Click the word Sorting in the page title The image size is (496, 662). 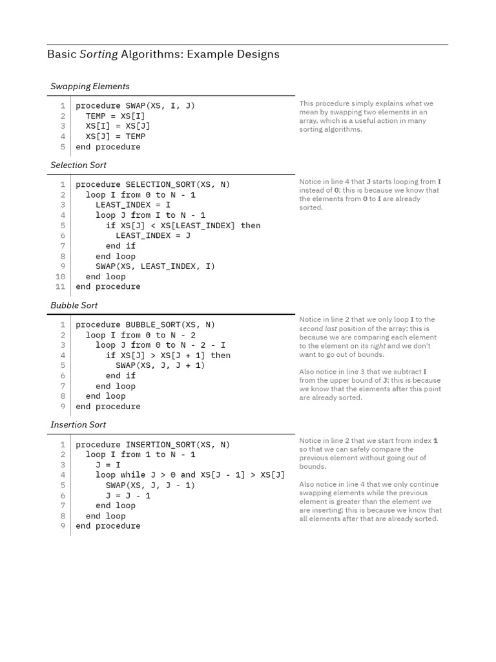click(x=99, y=55)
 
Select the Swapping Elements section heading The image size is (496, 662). click(x=90, y=87)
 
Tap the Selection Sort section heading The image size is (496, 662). click(x=79, y=165)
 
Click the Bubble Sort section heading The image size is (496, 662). click(x=74, y=305)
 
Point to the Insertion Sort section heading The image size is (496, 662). click(x=78, y=425)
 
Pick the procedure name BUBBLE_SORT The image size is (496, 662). click(x=150, y=325)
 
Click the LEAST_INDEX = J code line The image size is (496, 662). click(x=153, y=235)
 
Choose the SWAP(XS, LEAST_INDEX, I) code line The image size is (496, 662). click(x=155, y=266)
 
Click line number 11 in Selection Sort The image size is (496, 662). click(x=61, y=286)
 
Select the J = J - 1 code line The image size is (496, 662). click(x=128, y=496)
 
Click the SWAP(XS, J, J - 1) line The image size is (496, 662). click(x=150, y=486)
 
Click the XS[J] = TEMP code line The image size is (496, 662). click(x=116, y=136)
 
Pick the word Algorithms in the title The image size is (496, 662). click(x=151, y=55)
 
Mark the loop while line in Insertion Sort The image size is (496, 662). click(x=190, y=475)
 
